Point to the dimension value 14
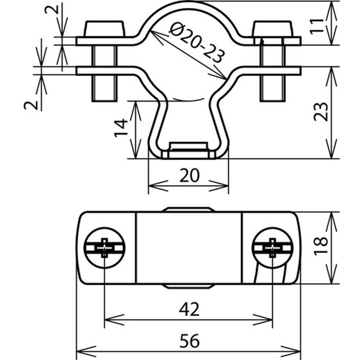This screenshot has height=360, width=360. point(122,129)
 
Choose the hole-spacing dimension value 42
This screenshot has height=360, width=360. point(189,309)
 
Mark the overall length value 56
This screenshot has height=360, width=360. point(189,341)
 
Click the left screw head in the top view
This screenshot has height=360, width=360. point(104,247)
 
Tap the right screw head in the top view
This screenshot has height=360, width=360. point(273,247)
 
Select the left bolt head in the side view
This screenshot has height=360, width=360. point(105,29)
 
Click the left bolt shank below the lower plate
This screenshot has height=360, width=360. point(104,88)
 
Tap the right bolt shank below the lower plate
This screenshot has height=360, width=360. point(273,88)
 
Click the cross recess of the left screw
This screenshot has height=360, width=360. point(104,248)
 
